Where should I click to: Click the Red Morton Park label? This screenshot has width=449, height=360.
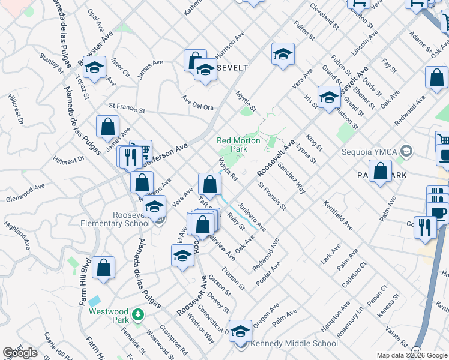click(232, 145)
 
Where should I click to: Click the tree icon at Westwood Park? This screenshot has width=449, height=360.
click(138, 314)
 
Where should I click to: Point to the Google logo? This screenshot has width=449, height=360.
click(20, 353)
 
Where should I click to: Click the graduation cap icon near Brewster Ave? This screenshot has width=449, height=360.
click(94, 68)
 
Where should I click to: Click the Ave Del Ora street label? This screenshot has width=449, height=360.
click(197, 103)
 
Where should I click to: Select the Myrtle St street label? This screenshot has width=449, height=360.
click(246, 101)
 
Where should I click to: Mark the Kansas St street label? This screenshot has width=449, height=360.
click(389, 306)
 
